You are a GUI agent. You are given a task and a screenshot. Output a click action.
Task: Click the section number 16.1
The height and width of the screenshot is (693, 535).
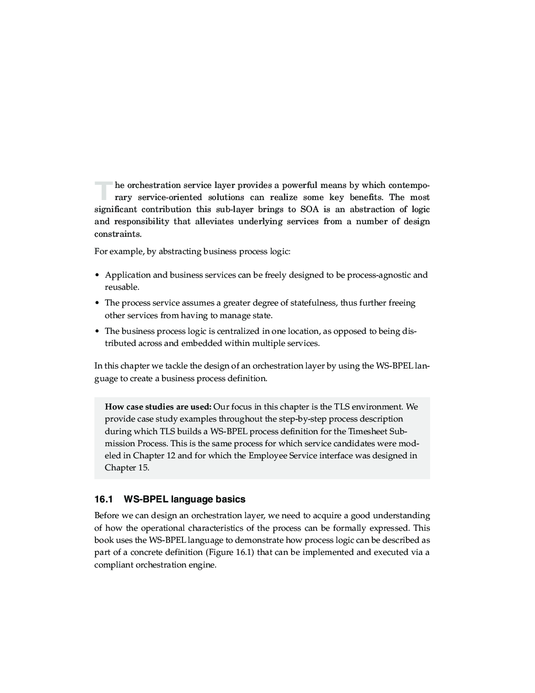coord(104,499)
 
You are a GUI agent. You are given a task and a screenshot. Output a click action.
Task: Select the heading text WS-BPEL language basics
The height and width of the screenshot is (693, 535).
coord(184,499)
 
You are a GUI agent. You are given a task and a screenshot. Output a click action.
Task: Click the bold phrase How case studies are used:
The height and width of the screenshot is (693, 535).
coord(158,407)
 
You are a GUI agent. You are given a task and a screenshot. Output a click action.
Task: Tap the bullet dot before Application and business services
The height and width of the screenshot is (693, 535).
coord(97,276)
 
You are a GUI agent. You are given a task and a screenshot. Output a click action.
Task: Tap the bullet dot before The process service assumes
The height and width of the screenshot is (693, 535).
coord(97,303)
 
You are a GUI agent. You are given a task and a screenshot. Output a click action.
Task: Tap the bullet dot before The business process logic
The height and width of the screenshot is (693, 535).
coord(97,332)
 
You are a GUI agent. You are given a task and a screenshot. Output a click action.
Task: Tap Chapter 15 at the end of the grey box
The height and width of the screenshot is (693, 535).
coord(126,468)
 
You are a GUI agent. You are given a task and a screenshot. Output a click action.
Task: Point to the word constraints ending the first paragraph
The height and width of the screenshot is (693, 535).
coord(117,234)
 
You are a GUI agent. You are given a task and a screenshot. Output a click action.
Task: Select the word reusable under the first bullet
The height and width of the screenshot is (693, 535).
coord(122,287)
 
